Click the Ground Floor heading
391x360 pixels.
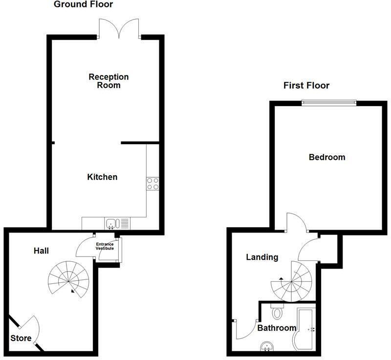83,5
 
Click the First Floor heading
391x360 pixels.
306,85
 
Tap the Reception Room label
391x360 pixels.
109,81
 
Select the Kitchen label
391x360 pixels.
102,177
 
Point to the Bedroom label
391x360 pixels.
327,157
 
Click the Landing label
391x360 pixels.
262,257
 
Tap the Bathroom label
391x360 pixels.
277,328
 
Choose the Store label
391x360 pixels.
21,338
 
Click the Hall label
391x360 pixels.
41,251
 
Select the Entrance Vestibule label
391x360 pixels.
105,246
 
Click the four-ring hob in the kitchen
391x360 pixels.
152,183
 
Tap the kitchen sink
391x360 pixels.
112,224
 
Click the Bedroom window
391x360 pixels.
328,102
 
